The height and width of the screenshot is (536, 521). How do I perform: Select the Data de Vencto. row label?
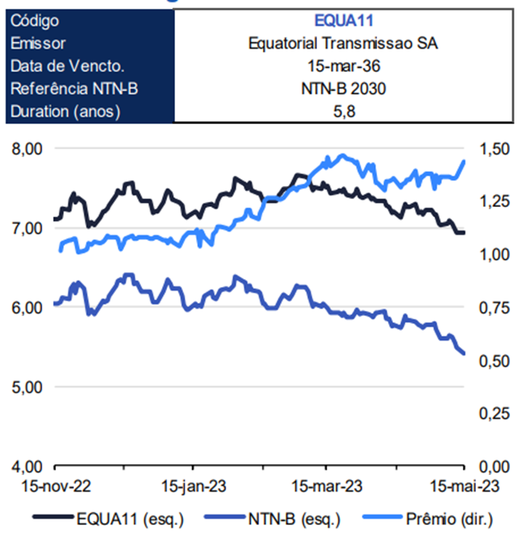(68, 66)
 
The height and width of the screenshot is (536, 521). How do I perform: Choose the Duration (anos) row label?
(65, 112)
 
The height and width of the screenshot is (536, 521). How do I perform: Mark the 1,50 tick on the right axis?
(494, 149)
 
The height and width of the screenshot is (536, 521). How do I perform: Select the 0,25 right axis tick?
(494, 413)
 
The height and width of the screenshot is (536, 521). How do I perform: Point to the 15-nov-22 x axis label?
(56, 485)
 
